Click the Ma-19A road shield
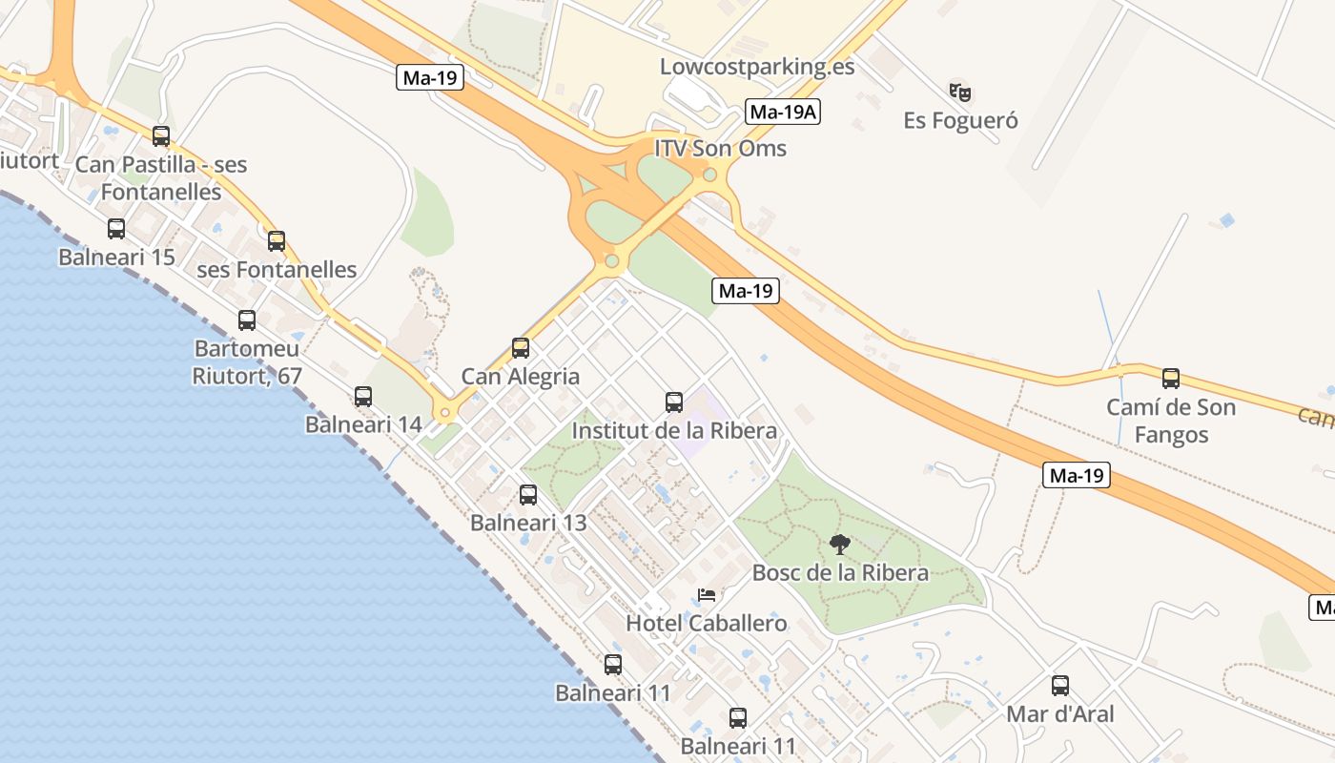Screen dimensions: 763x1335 [783, 112]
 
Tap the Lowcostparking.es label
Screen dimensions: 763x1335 [757, 67]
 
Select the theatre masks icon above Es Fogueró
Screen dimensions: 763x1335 [960, 93]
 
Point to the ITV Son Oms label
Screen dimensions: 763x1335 [720, 148]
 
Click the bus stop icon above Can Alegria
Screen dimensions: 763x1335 [521, 348]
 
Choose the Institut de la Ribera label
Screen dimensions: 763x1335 [674, 431]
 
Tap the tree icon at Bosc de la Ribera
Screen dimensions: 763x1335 [840, 545]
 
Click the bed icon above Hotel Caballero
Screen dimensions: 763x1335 [707, 595]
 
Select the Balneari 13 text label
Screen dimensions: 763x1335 [528, 523]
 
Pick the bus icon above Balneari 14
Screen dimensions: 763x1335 [363, 396]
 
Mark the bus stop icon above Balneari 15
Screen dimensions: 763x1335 [116, 229]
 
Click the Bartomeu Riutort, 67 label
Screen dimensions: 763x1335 [247, 362]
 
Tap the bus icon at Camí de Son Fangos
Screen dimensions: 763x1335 [1171, 379]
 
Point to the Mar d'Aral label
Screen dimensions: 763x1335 [1060, 713]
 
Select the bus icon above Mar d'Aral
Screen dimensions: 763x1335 [1060, 686]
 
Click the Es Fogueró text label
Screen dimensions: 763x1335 [960, 121]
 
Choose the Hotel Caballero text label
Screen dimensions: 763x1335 [707, 624]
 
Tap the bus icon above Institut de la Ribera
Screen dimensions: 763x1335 [674, 402]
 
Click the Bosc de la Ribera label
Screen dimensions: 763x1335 [840, 572]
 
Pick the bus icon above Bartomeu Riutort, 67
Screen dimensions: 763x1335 [247, 320]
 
